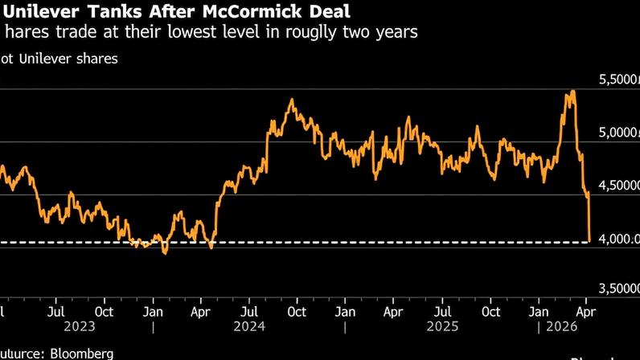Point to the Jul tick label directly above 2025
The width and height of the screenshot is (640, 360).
442,309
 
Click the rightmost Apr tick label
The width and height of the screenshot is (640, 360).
589,309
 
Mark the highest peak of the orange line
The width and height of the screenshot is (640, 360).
572,91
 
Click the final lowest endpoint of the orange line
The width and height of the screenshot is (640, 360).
590,240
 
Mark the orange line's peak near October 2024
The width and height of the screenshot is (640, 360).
291,100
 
